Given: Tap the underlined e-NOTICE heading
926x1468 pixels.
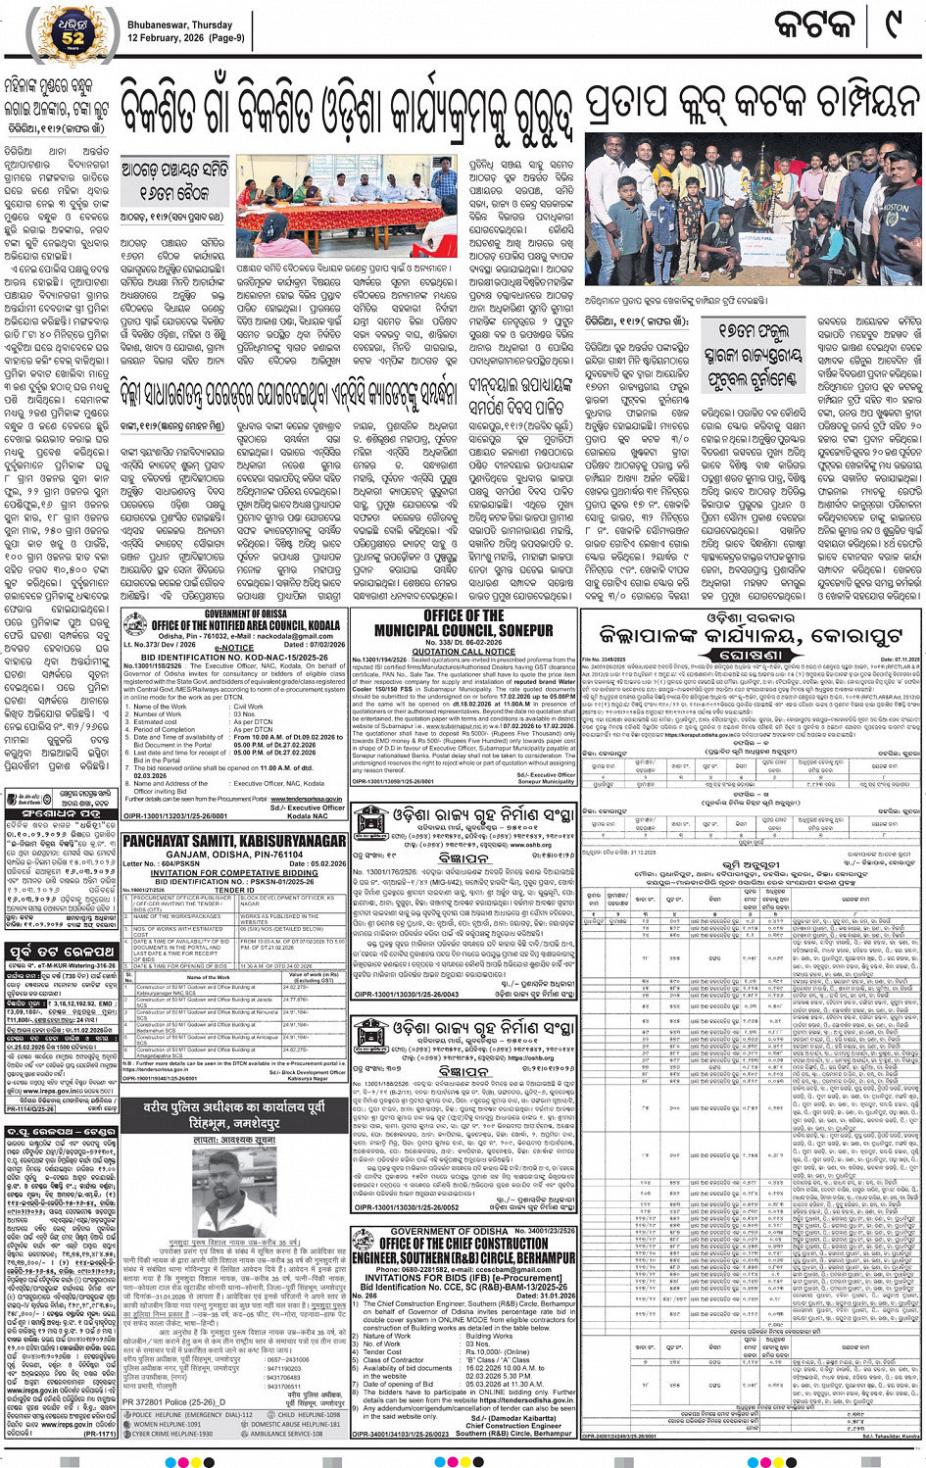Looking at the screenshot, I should [x=233, y=648].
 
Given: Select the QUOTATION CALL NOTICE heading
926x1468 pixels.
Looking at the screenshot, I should [x=463, y=651].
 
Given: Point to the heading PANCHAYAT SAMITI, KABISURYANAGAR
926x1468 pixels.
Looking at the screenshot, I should [x=234, y=841].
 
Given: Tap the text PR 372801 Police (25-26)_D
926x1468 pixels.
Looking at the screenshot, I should [x=173, y=1402].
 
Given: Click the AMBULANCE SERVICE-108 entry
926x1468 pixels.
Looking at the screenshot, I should [x=293, y=1434].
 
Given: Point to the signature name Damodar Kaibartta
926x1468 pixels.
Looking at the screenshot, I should [x=516, y=1417].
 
